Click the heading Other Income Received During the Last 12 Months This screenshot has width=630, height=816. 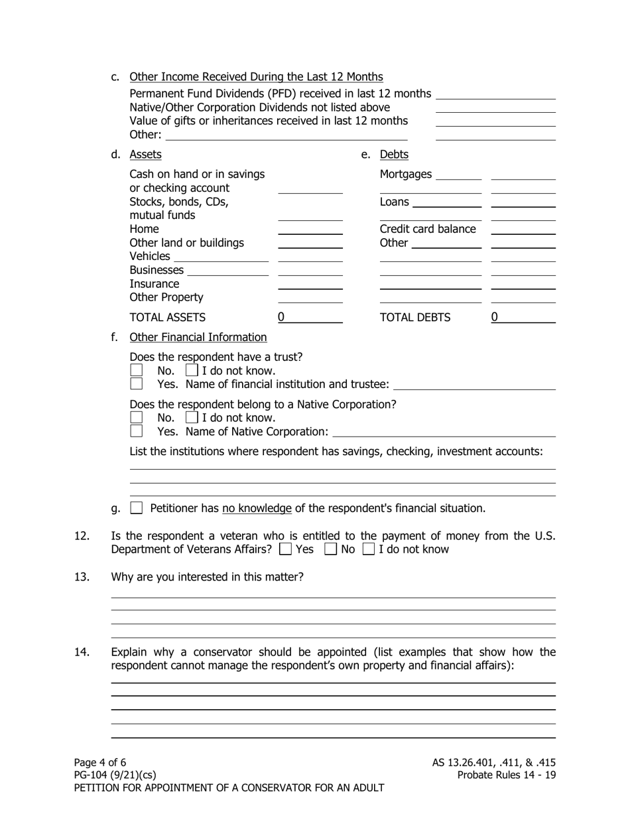coord(256,77)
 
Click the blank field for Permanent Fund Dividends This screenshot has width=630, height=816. coord(495,94)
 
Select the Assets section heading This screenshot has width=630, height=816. coord(145,155)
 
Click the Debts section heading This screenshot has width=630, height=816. coord(394,155)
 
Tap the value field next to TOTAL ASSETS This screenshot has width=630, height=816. coord(310,318)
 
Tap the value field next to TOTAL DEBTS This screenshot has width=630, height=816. coord(523,318)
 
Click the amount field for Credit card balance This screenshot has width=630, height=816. coord(523,230)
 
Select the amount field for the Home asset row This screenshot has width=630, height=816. coord(310,230)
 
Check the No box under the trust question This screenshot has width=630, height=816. coord(137,370)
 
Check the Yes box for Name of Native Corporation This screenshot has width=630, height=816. coord(137,431)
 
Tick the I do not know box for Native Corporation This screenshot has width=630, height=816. coord(192,418)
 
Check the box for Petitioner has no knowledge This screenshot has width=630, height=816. coord(137,508)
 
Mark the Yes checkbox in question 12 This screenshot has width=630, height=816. coord(286,549)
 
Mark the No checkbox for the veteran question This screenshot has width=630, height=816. coord(330,549)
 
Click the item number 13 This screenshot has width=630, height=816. coord(82,577)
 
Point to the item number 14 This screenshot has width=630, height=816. coord(82,652)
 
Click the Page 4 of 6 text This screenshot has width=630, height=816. coord(100,762)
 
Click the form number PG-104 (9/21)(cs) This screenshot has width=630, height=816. coord(115,775)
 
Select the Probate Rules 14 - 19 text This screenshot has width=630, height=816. coord(506,775)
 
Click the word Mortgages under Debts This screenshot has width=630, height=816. coord(405,174)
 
